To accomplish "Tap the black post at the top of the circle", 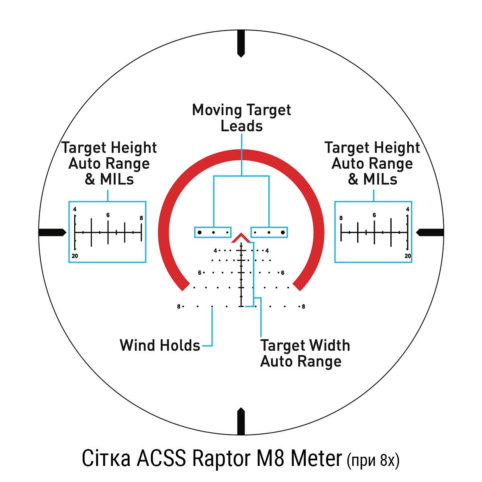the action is [x=241, y=43].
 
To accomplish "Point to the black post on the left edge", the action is [x=52, y=233].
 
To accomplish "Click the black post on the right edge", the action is [x=430, y=233].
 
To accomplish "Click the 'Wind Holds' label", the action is [x=160, y=345].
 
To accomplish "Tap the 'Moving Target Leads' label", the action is [x=241, y=118].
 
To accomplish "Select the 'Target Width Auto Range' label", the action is [x=305, y=353].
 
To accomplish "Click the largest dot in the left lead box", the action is [x=200, y=233].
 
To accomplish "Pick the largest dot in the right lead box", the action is [x=283, y=233].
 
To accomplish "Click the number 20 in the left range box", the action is [x=75, y=256].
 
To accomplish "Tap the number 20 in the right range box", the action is [x=408, y=256].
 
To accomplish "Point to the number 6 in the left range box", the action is [x=108, y=215].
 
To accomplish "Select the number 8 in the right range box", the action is [x=341, y=218].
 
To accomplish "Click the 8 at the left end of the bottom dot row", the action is [x=179, y=306].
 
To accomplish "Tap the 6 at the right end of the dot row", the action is [x=283, y=273].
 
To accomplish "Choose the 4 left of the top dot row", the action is [x=215, y=250].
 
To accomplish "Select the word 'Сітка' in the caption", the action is [x=106, y=458].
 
